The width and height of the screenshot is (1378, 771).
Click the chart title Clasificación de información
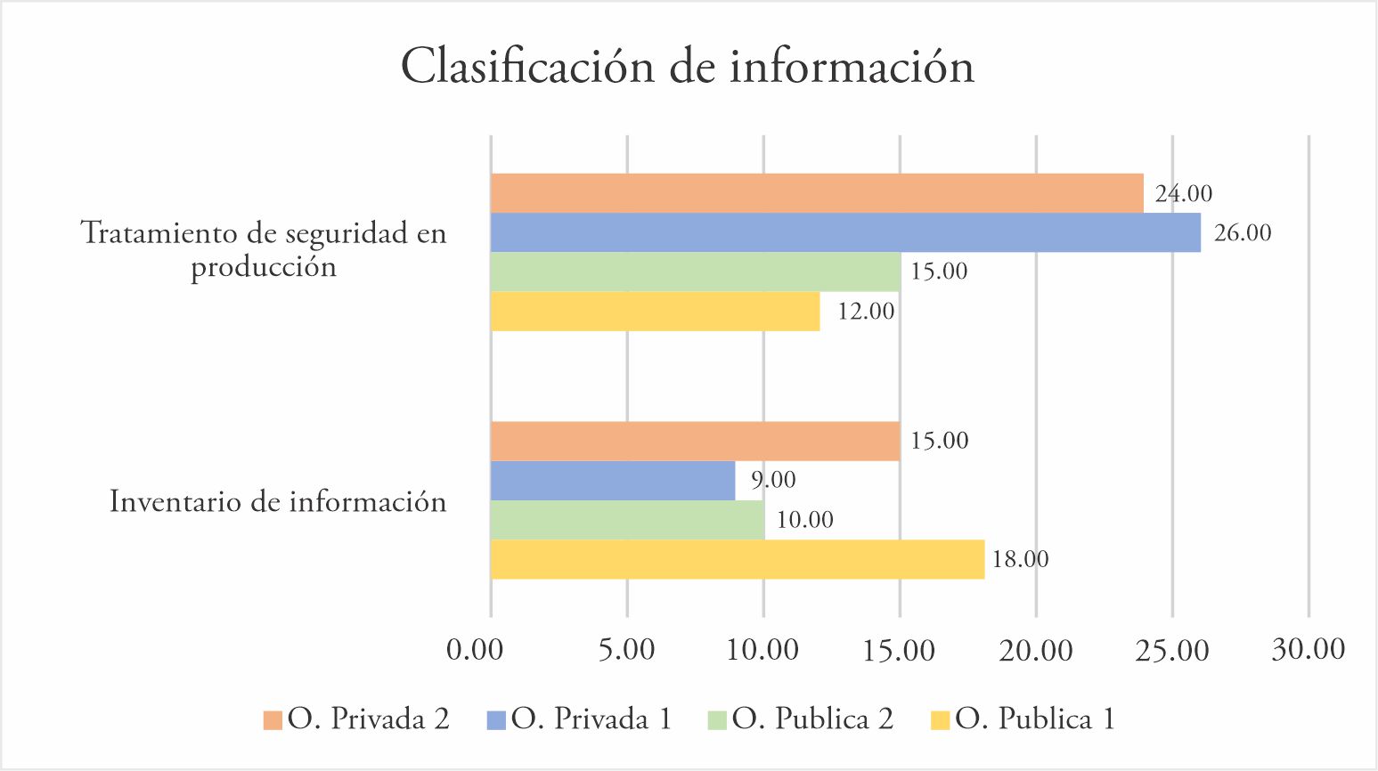688,67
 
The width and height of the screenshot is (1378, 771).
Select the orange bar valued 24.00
816,193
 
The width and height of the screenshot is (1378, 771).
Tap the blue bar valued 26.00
844,232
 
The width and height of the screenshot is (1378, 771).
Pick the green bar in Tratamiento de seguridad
695,272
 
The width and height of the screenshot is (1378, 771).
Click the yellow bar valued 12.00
655,312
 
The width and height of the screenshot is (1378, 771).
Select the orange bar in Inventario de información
695,441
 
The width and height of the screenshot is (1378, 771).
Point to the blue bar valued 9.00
613,481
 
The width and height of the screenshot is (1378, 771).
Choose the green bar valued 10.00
627,520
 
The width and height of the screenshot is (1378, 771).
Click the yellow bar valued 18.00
737,559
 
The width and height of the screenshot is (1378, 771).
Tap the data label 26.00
1243,233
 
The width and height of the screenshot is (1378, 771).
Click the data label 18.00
1020,559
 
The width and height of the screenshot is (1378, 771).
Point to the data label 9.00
772,480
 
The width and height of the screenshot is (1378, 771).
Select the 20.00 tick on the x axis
1035,650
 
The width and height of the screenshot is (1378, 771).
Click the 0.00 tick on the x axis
475,650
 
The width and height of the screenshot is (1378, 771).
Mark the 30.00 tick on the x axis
1308,649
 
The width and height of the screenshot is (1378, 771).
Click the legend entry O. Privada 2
368,718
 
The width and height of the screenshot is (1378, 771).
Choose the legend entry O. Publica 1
1034,718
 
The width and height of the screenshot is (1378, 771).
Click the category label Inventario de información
278,501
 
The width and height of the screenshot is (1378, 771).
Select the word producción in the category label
264,267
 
